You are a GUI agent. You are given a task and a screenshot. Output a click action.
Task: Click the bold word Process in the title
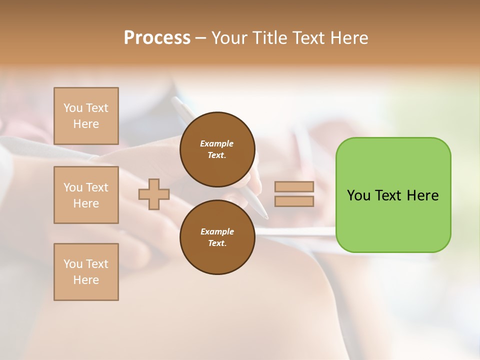click(x=157, y=38)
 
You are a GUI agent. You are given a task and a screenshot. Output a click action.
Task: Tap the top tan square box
click(x=86, y=116)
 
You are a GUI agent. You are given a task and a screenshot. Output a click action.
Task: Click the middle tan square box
click(x=86, y=195)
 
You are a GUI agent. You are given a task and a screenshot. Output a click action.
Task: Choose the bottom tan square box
click(x=86, y=272)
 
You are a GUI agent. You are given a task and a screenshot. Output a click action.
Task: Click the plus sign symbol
click(x=154, y=194)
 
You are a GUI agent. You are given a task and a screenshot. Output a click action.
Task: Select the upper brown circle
click(x=217, y=149)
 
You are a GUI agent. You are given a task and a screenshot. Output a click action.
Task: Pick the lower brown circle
click(x=217, y=237)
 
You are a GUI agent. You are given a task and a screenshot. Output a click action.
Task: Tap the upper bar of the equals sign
click(x=294, y=187)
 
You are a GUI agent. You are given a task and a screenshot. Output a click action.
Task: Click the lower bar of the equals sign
click(x=294, y=201)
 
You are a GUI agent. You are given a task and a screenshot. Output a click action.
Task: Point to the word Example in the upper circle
click(x=217, y=143)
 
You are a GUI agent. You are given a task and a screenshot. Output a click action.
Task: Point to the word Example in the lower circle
click(x=217, y=231)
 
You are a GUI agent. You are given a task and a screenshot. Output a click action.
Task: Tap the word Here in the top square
click(x=86, y=124)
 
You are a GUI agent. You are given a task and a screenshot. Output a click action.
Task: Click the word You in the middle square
click(x=72, y=187)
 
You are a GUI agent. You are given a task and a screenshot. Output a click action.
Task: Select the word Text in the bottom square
click(x=96, y=264)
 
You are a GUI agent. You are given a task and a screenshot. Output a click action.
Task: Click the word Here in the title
click(x=348, y=38)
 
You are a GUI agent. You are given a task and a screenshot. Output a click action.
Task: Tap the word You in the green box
click(x=358, y=195)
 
